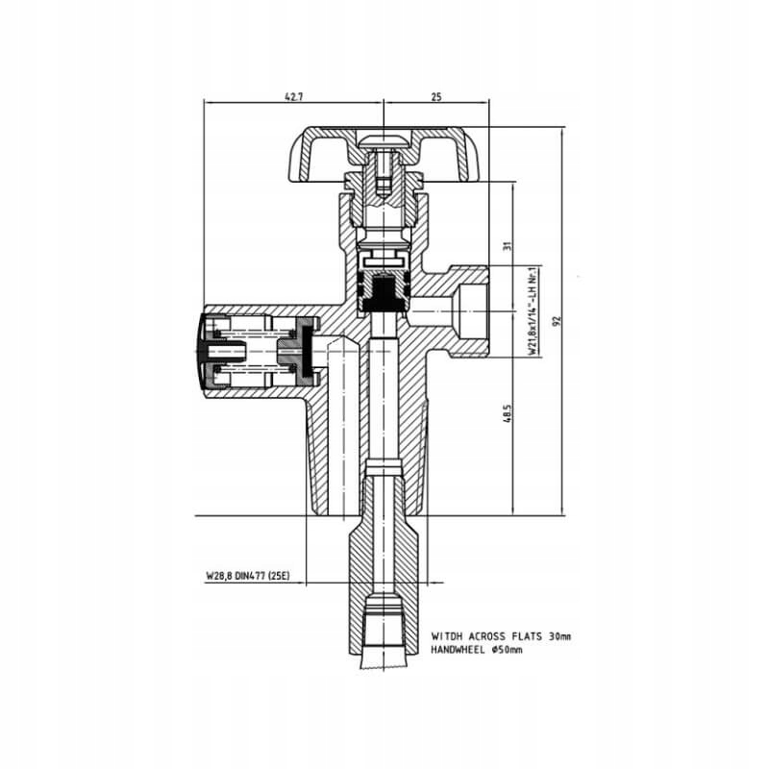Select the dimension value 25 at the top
[x=436, y=96]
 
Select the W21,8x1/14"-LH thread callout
[x=532, y=312]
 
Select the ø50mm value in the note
[x=506, y=650]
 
